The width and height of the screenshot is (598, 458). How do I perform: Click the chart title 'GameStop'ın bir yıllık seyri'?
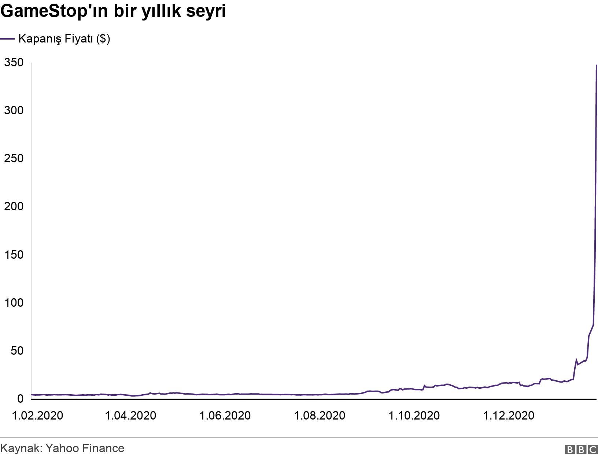coord(113,12)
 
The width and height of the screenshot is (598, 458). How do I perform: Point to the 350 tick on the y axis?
coord(14,63)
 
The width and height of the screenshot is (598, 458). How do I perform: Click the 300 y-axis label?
coord(14,111)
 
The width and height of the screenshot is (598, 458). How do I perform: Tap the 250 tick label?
coord(14,159)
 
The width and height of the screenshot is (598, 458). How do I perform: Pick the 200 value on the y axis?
coord(14,207)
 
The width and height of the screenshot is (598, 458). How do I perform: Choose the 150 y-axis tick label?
coord(14,255)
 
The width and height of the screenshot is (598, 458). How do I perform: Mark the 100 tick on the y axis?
coord(14,303)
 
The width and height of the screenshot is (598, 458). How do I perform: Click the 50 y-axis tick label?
coord(17,351)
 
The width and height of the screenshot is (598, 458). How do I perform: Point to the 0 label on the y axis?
coord(20,399)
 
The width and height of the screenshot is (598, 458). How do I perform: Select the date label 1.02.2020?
coord(37,415)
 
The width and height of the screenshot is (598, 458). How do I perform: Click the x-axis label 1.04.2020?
coord(130,415)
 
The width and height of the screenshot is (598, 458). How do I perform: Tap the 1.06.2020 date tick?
coord(225,415)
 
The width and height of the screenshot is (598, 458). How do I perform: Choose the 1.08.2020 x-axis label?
coord(320,415)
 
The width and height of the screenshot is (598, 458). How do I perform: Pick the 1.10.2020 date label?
coord(414,415)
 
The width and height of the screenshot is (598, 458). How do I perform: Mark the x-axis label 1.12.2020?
coord(509,415)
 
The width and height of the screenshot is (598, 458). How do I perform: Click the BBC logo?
coord(582,450)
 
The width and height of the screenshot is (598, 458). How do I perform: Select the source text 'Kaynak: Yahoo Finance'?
coord(62,448)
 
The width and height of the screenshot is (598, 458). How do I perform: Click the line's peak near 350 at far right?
coord(597,66)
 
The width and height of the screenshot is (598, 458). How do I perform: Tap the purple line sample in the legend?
coord(7,38)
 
